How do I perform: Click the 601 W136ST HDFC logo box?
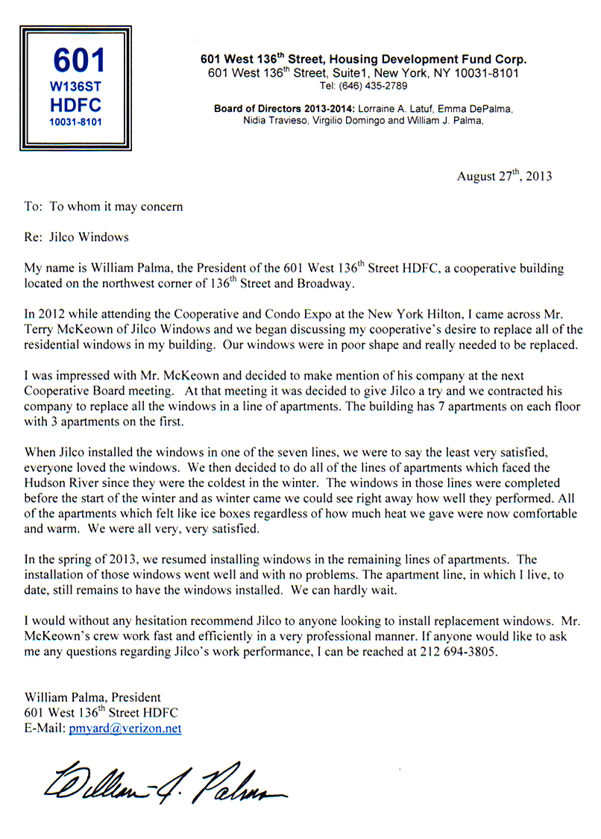pos(76,88)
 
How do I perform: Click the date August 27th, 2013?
pos(504,177)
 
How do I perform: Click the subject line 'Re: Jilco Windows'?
pos(77,237)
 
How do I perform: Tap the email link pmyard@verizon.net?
pos(125,729)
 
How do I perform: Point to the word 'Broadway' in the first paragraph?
pos(321,283)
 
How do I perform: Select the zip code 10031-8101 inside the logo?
pos(75,121)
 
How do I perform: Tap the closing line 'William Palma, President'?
pos(92,698)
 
